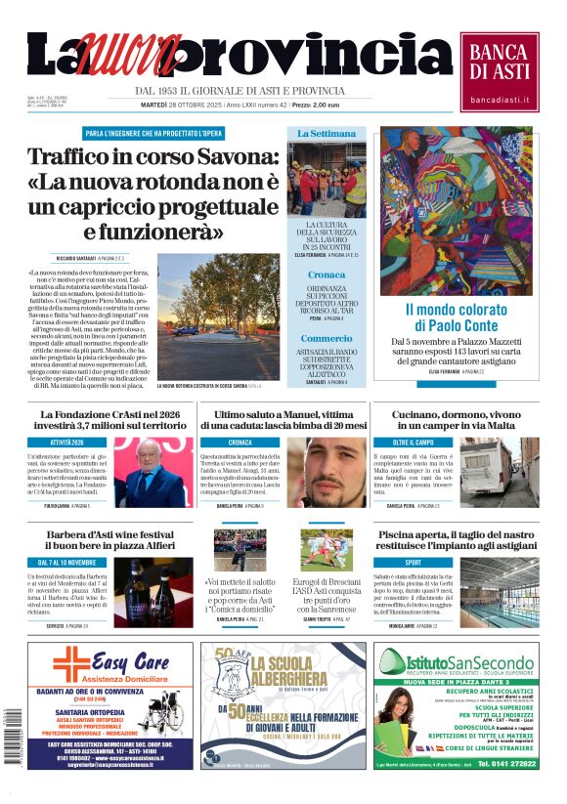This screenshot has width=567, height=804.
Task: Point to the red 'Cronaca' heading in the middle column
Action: (327, 275)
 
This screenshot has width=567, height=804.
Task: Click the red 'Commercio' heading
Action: (327, 337)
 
